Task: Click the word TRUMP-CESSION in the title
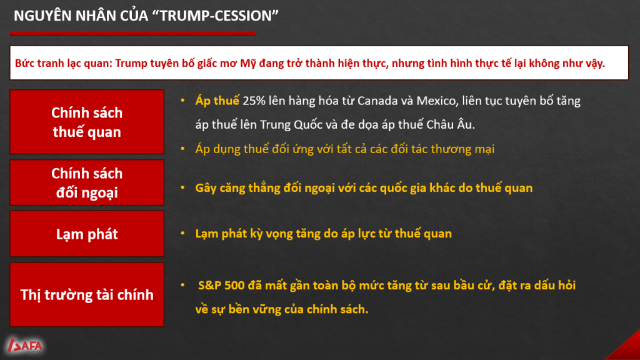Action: [x=215, y=16]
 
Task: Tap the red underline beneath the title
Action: [x=132, y=34]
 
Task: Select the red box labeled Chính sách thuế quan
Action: [x=87, y=122]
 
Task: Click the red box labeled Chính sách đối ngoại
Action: [x=87, y=182]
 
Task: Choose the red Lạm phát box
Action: [x=87, y=234]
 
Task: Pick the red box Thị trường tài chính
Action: [x=87, y=295]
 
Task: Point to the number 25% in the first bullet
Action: [x=254, y=101]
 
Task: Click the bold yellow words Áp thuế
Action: [x=217, y=101]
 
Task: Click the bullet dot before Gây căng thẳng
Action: [x=183, y=187]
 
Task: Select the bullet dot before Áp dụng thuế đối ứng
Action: [x=183, y=149]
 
